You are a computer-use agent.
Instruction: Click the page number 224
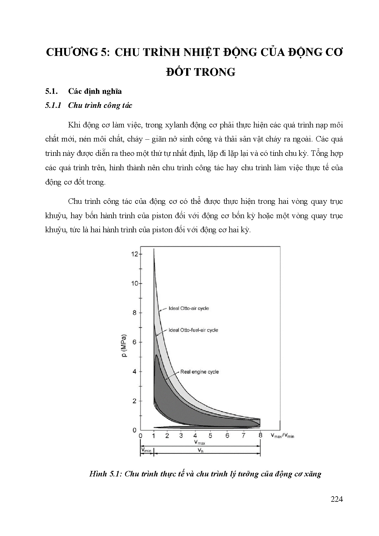coord(337,499)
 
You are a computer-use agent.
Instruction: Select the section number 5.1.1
coord(53,105)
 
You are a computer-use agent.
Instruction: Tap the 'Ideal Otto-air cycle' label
coord(189,308)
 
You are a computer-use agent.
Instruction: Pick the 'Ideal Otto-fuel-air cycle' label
coord(193,330)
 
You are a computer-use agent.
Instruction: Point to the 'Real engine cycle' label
coord(199,372)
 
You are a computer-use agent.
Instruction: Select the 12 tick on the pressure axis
coord(135,254)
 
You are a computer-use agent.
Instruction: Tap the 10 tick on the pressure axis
coord(135,284)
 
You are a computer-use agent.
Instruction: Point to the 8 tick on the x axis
coord(260,435)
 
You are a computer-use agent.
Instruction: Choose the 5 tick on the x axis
coord(210,435)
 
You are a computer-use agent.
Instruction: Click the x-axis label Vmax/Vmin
coord(282,435)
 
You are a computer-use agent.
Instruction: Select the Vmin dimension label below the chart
coord(146,450)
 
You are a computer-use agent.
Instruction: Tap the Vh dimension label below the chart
coord(200,450)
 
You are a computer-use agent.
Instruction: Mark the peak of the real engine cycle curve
coord(156,355)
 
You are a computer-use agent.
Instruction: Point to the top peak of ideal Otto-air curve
coord(154,249)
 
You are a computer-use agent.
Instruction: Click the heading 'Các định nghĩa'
coord(95,91)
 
